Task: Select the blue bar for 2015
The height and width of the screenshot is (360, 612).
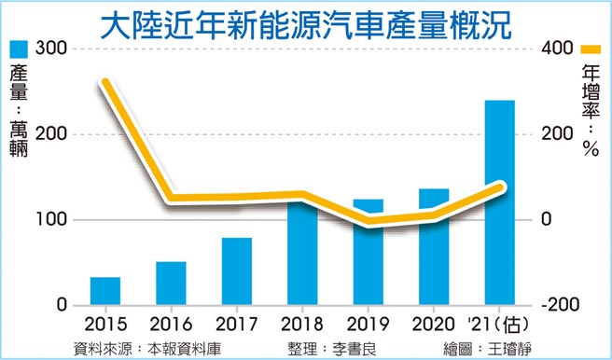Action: point(105,291)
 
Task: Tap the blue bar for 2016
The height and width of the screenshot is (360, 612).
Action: point(171,284)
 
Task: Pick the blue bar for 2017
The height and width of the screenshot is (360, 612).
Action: point(237,271)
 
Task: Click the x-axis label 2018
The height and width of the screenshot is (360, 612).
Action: point(302,326)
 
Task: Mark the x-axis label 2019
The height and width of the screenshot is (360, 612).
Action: point(369,326)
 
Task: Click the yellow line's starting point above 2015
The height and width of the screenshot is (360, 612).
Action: point(105,83)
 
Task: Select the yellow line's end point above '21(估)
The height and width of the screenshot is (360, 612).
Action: point(501,187)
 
